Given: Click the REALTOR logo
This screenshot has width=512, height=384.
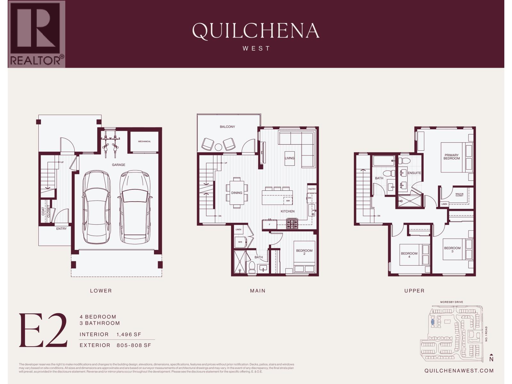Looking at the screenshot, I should [x=36, y=34].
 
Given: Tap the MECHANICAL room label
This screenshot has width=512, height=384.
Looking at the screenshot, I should [x=144, y=141].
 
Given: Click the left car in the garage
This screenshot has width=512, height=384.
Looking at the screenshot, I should [x=96, y=207].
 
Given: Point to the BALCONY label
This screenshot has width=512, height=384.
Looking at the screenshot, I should [x=227, y=127].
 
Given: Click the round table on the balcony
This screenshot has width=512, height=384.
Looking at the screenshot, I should [x=218, y=147].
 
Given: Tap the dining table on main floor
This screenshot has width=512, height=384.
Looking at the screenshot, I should [x=237, y=193].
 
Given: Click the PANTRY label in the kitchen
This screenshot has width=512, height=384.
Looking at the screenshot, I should [x=312, y=189].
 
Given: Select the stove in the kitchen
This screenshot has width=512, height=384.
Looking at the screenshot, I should [x=292, y=224].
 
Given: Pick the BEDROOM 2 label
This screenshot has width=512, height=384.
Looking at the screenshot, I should [x=304, y=252].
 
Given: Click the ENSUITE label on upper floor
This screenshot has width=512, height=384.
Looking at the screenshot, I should [x=414, y=173].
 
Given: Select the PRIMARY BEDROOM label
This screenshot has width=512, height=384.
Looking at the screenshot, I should [x=452, y=157].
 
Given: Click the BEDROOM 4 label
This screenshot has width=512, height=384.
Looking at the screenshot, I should [x=409, y=255].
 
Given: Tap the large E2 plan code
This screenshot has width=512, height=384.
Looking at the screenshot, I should [x=43, y=331].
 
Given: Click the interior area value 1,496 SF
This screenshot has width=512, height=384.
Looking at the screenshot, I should [x=129, y=334].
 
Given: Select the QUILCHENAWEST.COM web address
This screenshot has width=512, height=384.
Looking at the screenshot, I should [x=459, y=371].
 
